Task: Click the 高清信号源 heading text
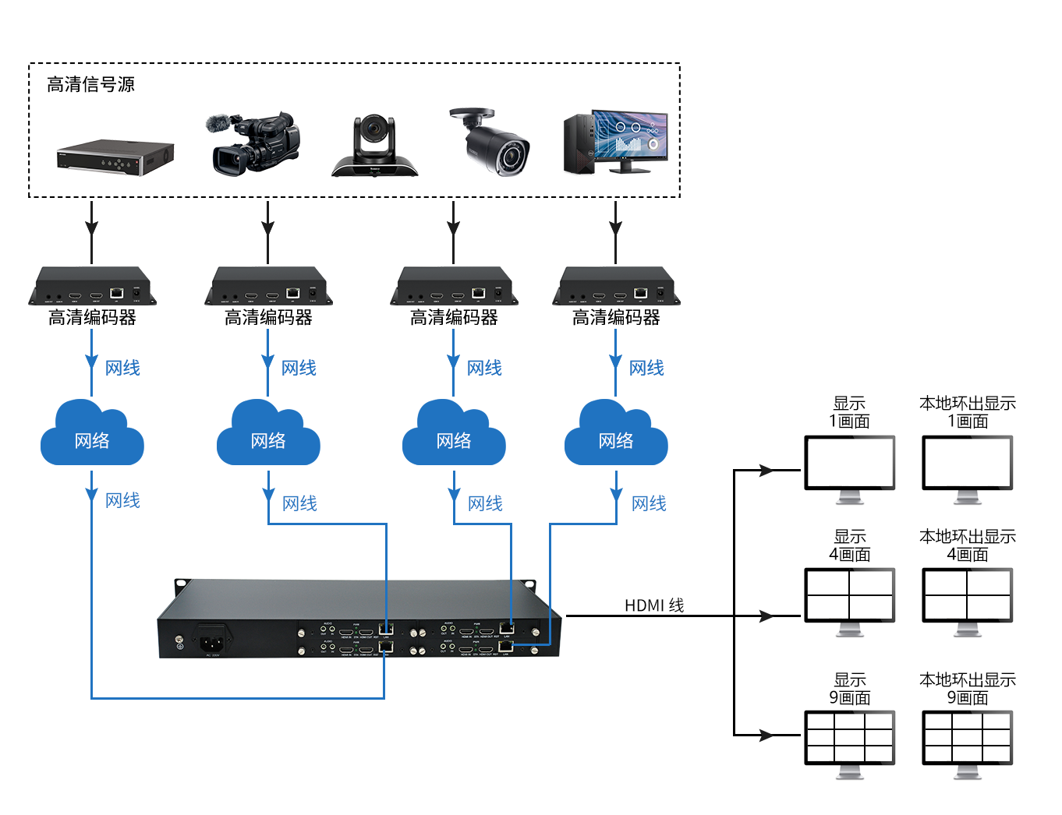point(90,84)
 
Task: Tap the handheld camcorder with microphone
point(253,143)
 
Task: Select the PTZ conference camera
point(374,146)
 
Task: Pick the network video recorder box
point(115,157)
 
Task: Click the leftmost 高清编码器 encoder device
point(92,286)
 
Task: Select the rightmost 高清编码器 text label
point(616,318)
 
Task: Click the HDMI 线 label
point(653,605)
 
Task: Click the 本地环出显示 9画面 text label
point(967,689)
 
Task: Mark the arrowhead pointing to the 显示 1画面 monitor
point(766,471)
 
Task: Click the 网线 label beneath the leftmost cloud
point(122,500)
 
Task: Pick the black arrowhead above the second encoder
point(267,228)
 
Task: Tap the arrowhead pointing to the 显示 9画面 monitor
point(766,735)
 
